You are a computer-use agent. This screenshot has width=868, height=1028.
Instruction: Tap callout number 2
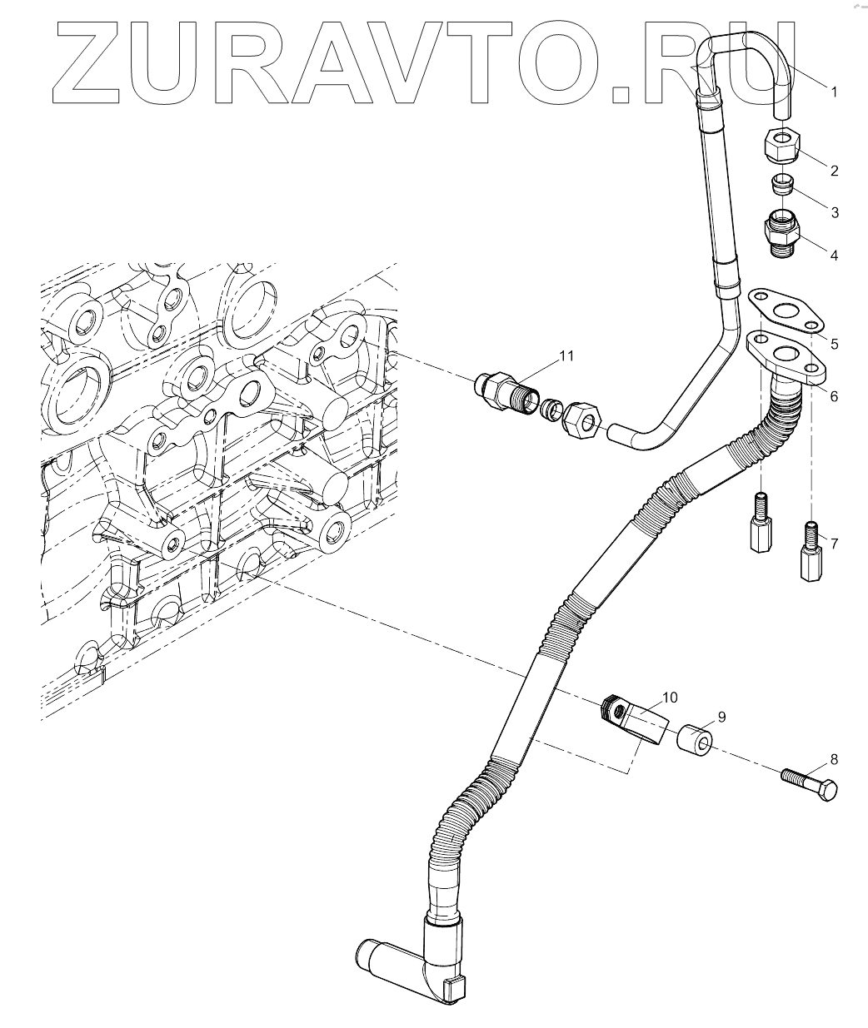coord(834,171)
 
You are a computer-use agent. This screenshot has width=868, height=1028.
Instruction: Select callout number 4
coord(834,255)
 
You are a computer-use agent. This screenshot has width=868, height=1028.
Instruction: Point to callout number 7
coord(834,544)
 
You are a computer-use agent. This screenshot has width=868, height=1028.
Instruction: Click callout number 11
coord(566,356)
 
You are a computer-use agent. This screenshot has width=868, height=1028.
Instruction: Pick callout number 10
coord(671,696)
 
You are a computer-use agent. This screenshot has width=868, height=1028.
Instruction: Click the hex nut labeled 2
coord(782,145)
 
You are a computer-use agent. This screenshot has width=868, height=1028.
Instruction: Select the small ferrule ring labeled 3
coord(782,183)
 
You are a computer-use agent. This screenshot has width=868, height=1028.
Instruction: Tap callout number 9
coord(721,716)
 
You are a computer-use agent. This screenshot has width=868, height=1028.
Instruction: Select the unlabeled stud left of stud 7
coord(759,526)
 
